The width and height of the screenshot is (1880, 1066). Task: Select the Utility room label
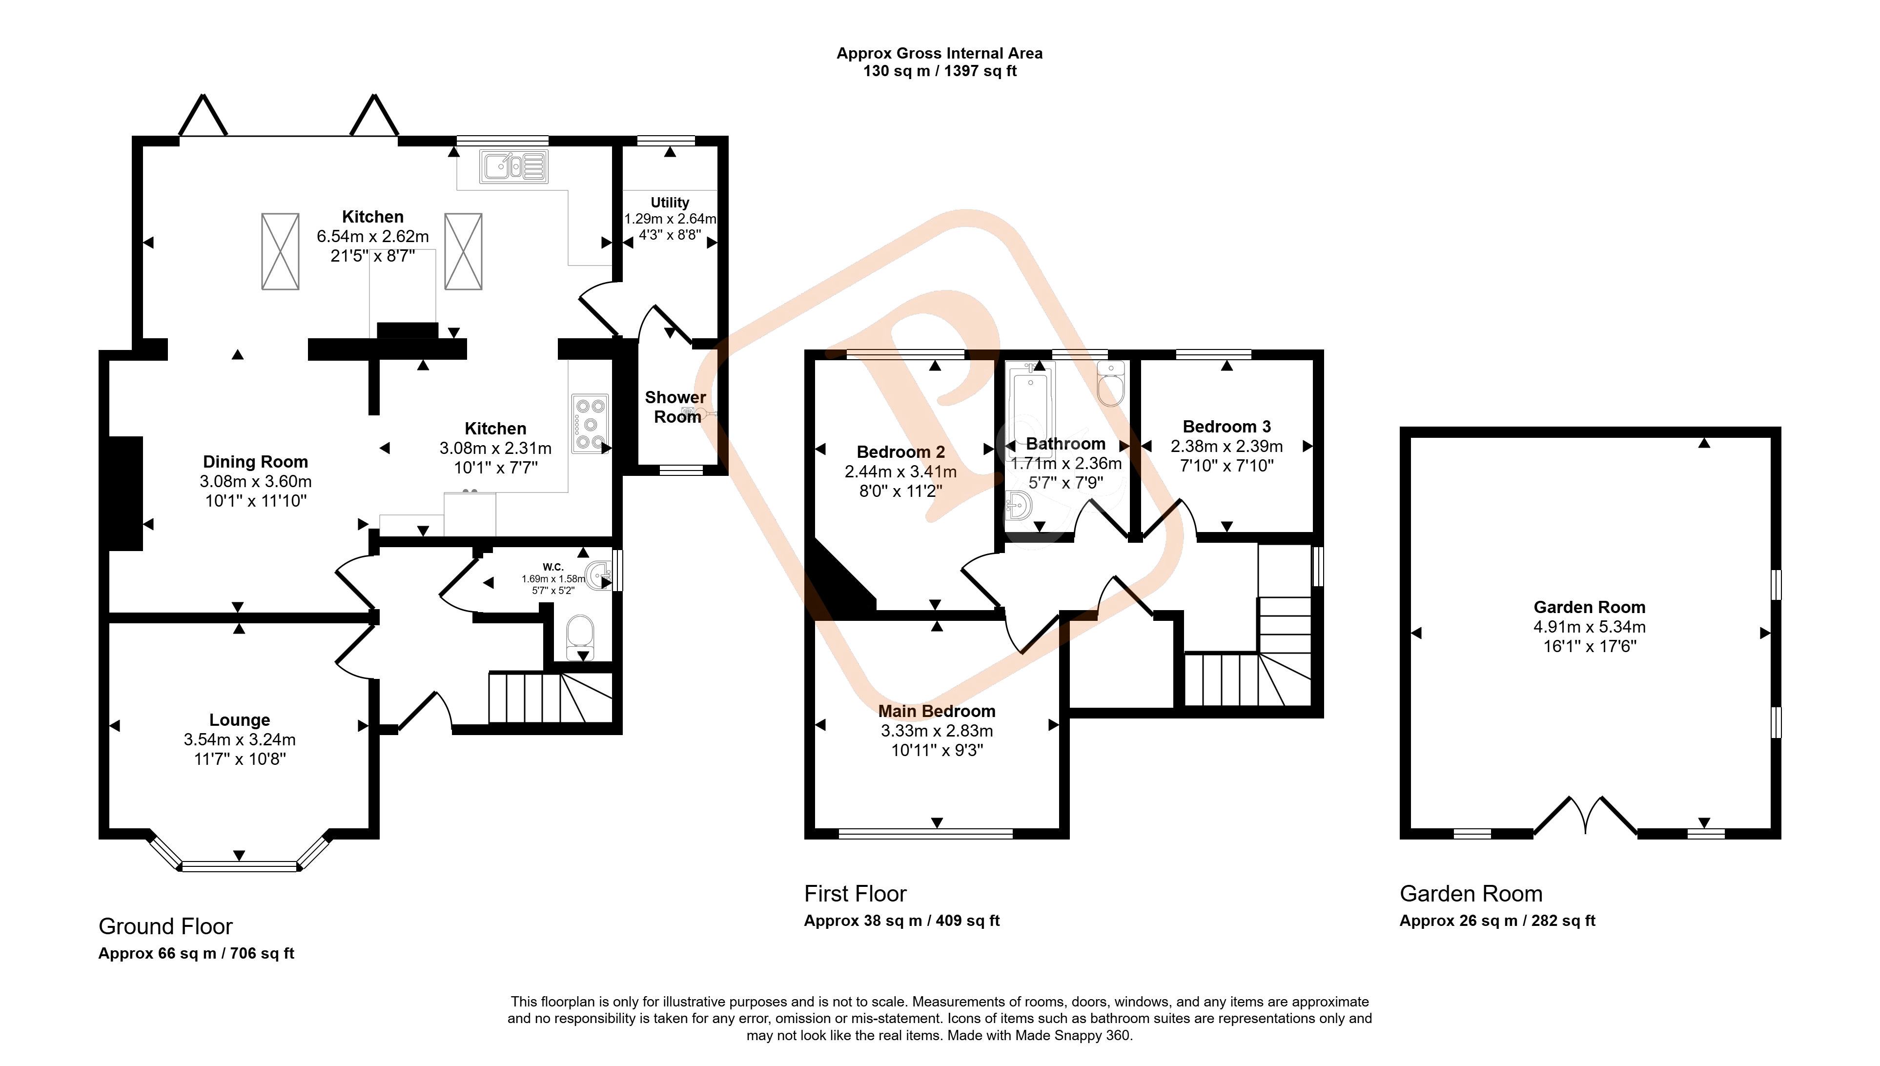tap(670, 202)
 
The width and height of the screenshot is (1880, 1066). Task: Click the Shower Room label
tap(675, 407)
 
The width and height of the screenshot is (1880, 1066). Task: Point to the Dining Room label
tap(256, 462)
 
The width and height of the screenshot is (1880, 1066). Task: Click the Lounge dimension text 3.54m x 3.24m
tap(240, 739)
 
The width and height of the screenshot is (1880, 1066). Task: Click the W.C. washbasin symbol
tap(599, 575)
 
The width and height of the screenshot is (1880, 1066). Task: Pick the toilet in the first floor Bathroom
tap(1111, 384)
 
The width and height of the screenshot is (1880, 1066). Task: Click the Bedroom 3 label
tap(1227, 427)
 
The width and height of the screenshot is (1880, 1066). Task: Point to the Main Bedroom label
tap(937, 711)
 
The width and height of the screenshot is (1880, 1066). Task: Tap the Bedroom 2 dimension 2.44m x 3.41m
tap(901, 471)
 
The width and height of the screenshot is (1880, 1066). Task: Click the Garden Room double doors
tap(1586, 815)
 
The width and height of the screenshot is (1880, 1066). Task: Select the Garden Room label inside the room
tap(1589, 607)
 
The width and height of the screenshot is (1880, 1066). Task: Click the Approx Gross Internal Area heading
tap(940, 54)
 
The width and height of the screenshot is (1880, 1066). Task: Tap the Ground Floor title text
tap(165, 926)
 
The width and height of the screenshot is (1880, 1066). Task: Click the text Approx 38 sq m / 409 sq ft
tap(902, 921)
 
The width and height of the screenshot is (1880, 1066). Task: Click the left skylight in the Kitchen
tap(280, 251)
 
